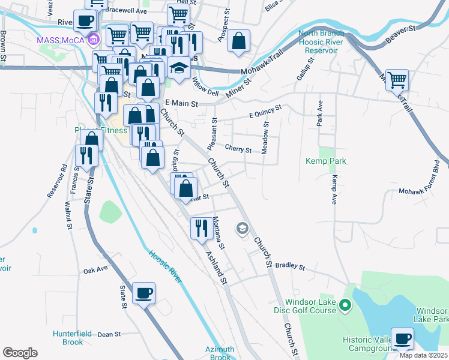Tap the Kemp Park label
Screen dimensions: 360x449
point(326,161)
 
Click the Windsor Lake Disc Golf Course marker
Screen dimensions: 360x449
point(345,306)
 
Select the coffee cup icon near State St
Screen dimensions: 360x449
point(143,293)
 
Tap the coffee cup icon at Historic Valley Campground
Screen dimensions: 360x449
point(402,339)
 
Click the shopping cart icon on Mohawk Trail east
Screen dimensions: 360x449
point(397,79)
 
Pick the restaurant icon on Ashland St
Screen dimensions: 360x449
point(200,229)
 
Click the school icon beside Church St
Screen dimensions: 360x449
point(242,228)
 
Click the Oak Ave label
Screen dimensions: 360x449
point(95,270)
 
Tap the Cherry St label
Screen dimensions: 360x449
point(238,149)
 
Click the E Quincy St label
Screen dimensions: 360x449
point(265,112)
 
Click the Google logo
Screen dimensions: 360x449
point(20,353)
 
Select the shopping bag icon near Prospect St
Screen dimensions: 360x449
point(238,42)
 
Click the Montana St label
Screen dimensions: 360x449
point(218,232)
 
